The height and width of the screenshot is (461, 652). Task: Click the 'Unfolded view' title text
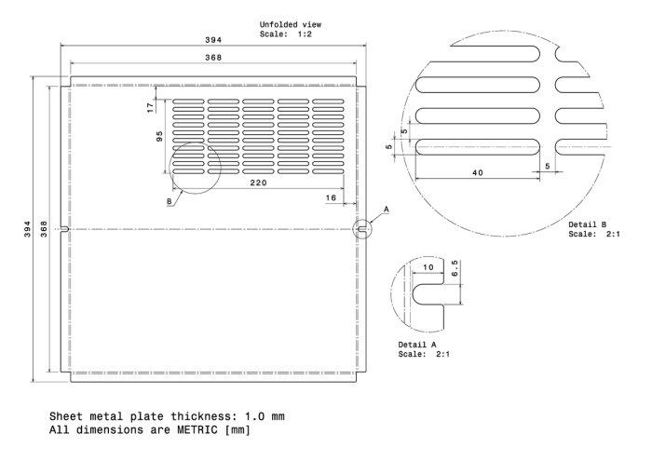point(291,24)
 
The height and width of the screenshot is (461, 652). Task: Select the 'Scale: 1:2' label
point(285,34)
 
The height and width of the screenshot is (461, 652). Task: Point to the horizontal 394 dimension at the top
point(213,40)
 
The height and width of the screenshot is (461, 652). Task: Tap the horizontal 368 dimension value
point(213,58)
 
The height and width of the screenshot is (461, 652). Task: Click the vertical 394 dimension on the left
point(27,229)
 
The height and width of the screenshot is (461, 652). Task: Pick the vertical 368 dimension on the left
point(44,229)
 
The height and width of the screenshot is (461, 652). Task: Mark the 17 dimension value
point(151,108)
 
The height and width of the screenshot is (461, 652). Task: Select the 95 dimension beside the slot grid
point(159,136)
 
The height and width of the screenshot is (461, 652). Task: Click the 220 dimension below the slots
point(258,183)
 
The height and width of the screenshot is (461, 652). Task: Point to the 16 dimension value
point(331,197)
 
